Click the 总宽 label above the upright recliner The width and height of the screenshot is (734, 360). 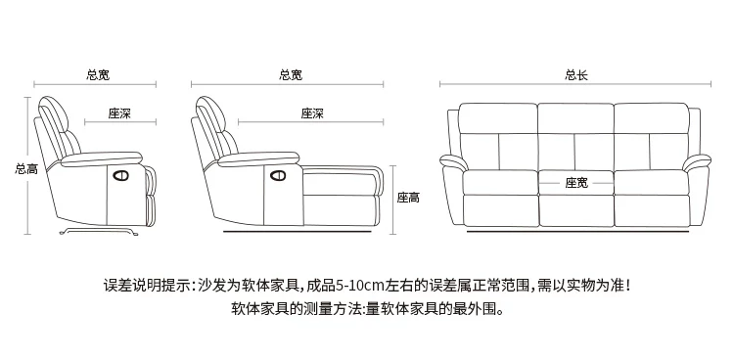pyautogui.click(x=98, y=75)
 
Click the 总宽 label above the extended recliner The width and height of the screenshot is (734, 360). pyautogui.click(x=291, y=75)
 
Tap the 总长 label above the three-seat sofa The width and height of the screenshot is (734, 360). pyautogui.click(x=576, y=75)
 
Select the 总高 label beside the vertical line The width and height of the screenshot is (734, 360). pyautogui.click(x=26, y=169)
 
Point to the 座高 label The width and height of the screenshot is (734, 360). pyautogui.click(x=409, y=198)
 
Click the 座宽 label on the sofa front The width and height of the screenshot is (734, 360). pyautogui.click(x=576, y=183)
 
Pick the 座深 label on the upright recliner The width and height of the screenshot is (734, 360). pyautogui.click(x=119, y=113)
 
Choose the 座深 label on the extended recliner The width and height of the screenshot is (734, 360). pyautogui.click(x=312, y=113)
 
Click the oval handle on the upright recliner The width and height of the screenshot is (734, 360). pyautogui.click(x=120, y=175)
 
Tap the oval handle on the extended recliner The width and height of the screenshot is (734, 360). pyautogui.click(x=278, y=175)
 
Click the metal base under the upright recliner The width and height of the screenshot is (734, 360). pyautogui.click(x=99, y=231)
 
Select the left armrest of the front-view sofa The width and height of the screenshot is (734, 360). pyautogui.click(x=453, y=162)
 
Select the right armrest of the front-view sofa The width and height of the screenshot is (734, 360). pyautogui.click(x=697, y=162)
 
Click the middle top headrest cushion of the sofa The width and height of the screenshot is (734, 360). pyautogui.click(x=575, y=118)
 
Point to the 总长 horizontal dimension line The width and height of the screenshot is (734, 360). pyautogui.click(x=575, y=85)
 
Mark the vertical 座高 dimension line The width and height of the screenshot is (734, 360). pyautogui.click(x=393, y=200)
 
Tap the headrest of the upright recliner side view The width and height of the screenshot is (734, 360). pyautogui.click(x=54, y=113)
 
